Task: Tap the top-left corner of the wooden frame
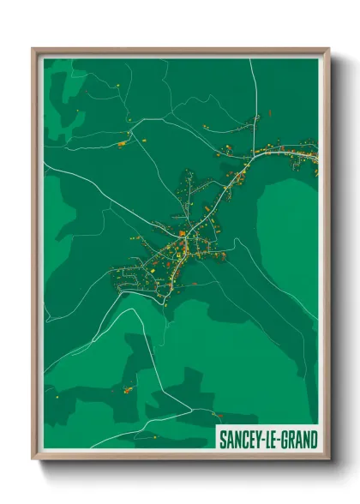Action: pos(33,49)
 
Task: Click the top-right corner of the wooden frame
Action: pos(329,49)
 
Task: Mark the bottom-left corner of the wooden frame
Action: pos(33,461)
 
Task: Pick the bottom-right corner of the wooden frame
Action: pos(329,461)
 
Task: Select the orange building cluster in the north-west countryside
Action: pos(123,143)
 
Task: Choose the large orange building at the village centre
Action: pos(182,232)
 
